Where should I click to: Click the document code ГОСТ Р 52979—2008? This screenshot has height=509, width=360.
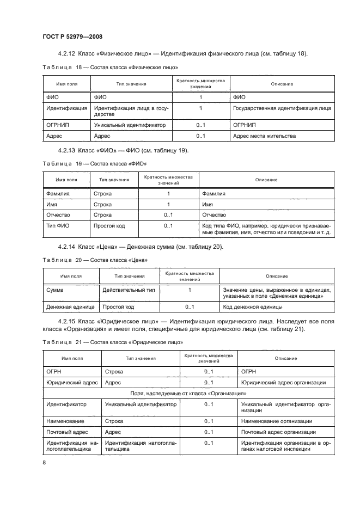pyautogui.click(x=72, y=36)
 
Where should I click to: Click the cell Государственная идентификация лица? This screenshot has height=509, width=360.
pyautogui.click(x=282, y=109)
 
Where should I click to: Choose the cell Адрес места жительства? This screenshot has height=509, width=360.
pyautogui.click(x=264, y=136)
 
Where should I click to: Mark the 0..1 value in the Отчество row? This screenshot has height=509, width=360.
pyautogui.click(x=168, y=215)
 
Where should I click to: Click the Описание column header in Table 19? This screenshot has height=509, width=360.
pyautogui.click(x=266, y=180)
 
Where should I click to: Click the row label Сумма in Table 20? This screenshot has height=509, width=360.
pyautogui.click(x=56, y=290)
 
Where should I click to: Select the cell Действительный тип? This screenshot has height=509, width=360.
pyautogui.click(x=129, y=290)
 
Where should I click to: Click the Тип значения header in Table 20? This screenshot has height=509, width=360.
pyautogui.click(x=129, y=277)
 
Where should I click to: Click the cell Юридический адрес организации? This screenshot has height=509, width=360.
pyautogui.click(x=283, y=382)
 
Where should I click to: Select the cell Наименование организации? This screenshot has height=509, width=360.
pyautogui.click(x=276, y=421)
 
